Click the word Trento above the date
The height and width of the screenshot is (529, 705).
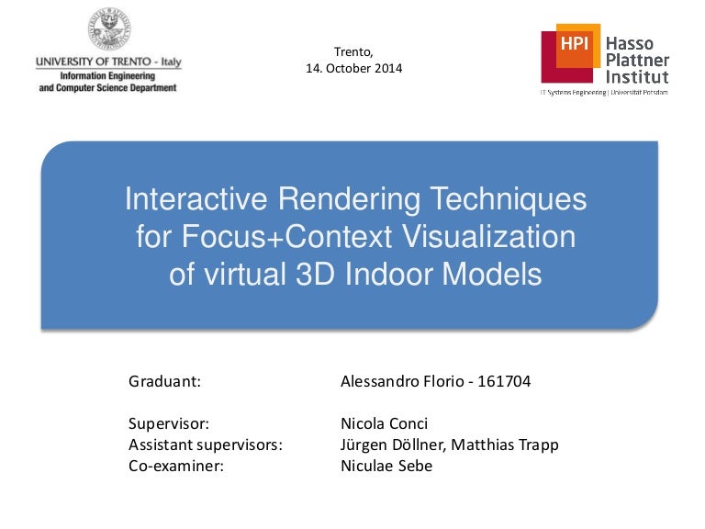coord(353,51)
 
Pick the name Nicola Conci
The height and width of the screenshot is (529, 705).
coord(384,423)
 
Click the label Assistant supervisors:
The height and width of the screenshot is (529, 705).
coord(205,445)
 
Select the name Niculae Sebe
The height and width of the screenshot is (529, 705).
coord(386,466)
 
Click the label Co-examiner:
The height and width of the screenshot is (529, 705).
coord(176,466)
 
